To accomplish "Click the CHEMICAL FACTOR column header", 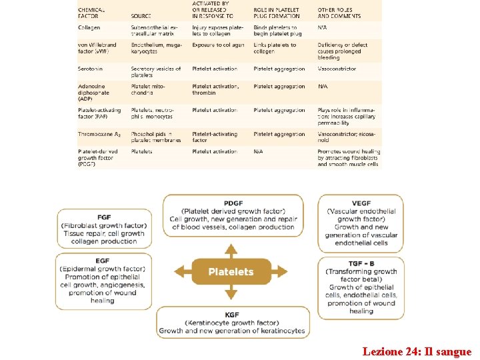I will [91, 13].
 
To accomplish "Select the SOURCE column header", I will [141, 16].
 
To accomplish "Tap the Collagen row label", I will [89, 27].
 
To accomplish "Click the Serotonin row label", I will [91, 69].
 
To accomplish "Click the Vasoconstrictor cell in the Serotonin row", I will [337, 69].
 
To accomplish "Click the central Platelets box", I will [231, 271].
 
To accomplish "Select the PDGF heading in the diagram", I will [233, 203].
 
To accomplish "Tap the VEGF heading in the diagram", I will [361, 203].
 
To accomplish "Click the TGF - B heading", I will [361, 263].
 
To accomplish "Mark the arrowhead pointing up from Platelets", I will [231, 249].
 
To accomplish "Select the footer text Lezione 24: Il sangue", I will [417, 351].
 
